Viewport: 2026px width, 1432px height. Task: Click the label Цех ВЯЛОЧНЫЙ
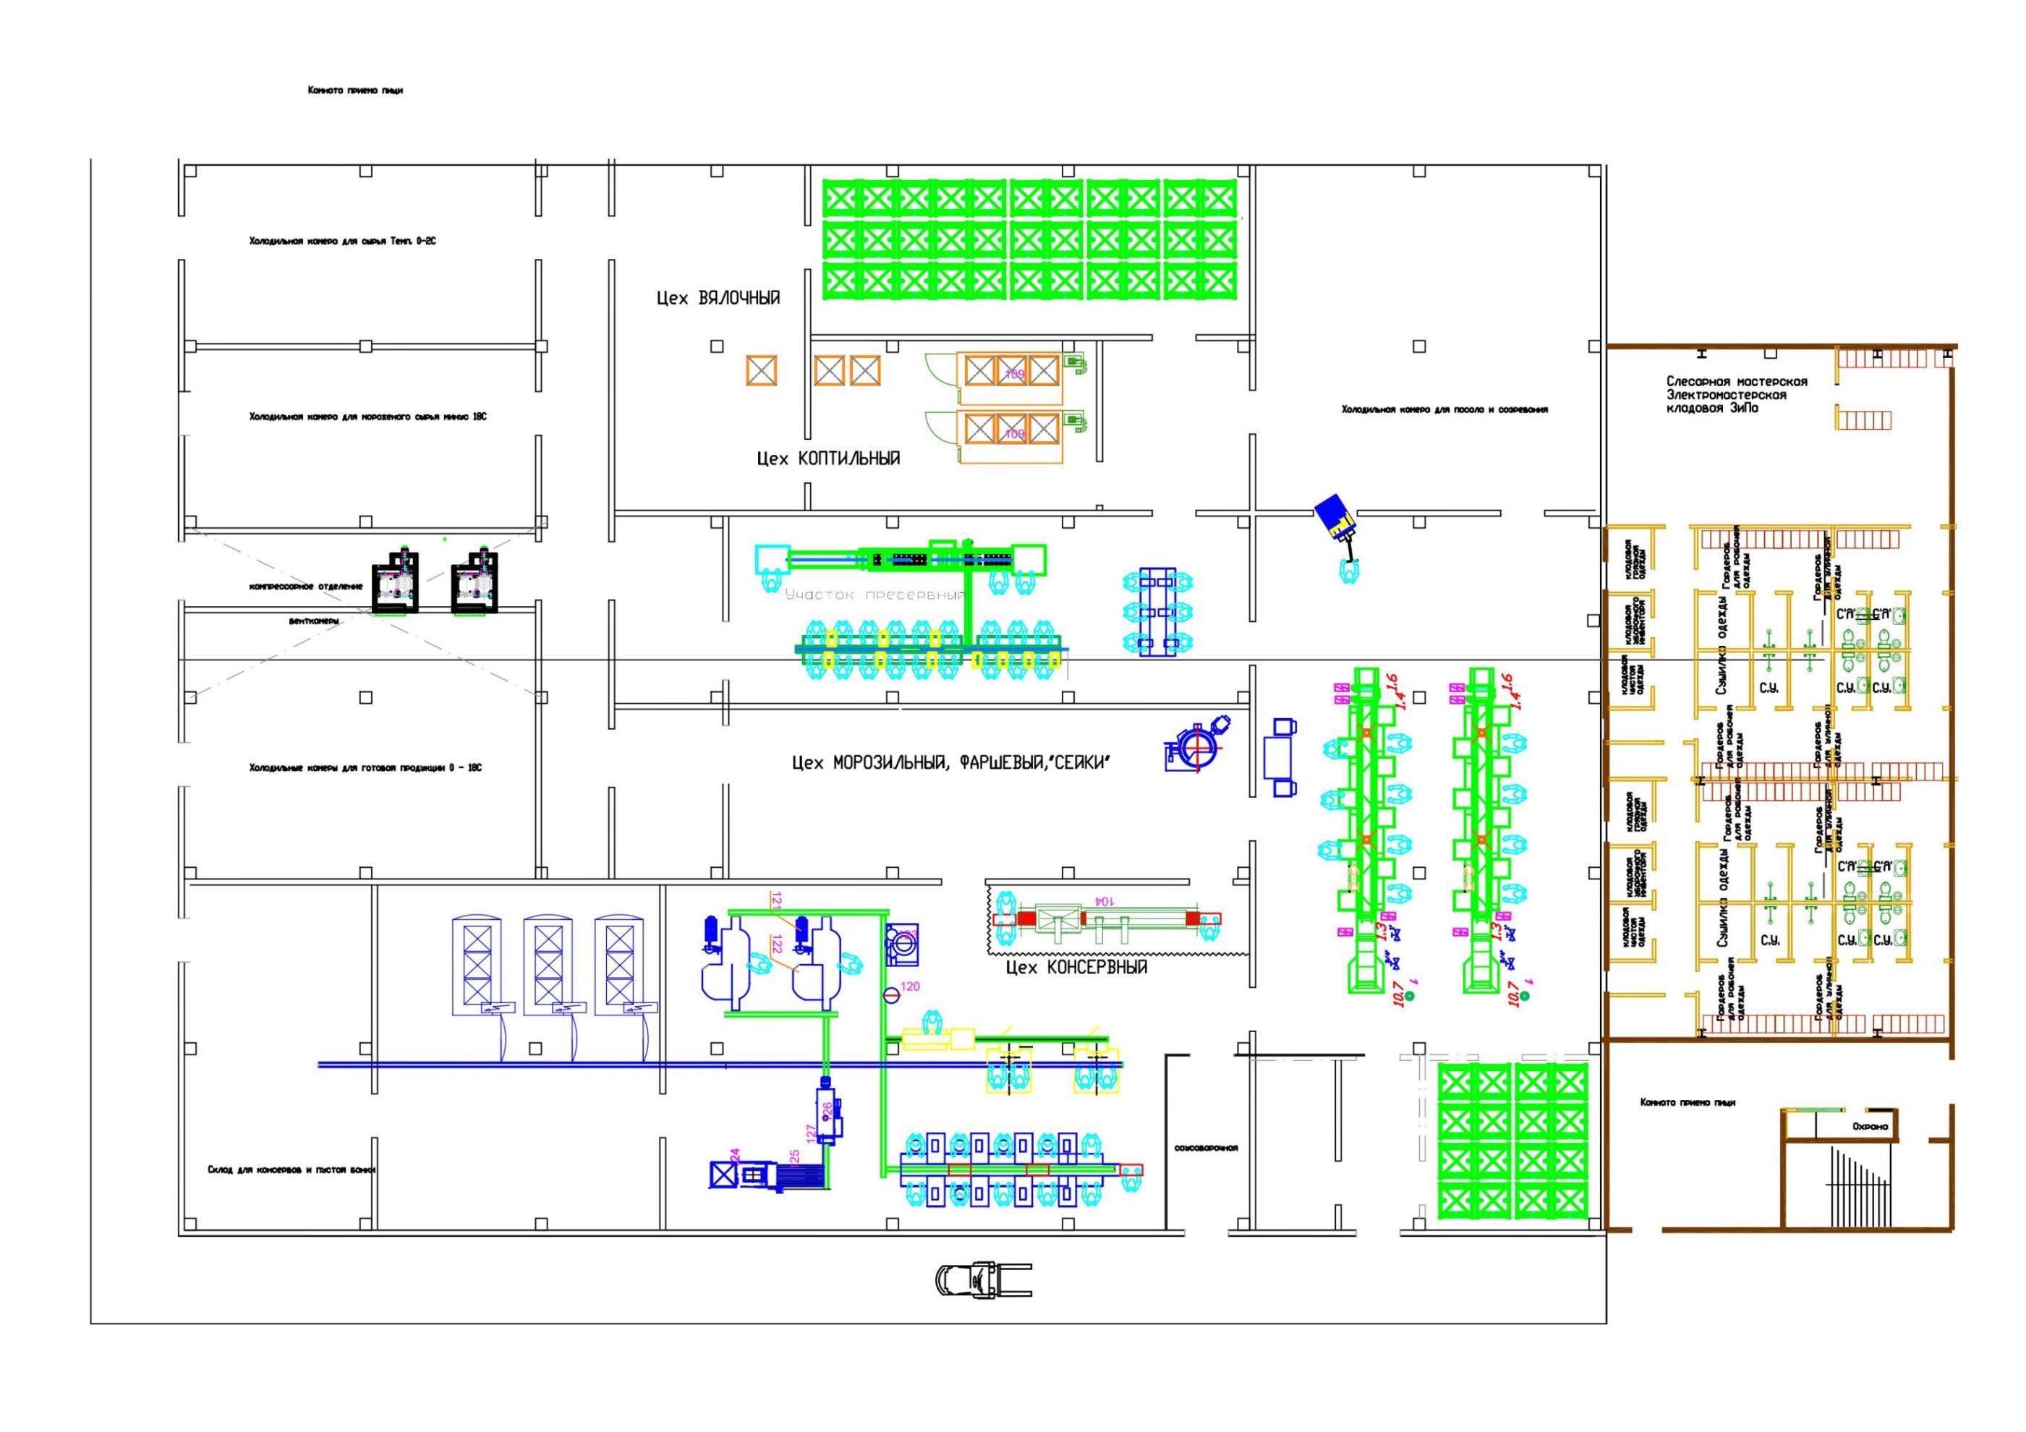[718, 298]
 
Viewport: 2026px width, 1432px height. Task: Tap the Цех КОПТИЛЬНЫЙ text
[827, 459]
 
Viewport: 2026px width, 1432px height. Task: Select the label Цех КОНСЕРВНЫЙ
[1076, 967]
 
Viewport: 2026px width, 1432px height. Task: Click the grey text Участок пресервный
[874, 594]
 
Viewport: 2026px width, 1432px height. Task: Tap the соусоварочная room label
[1205, 1148]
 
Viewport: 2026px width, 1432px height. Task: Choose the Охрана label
[1870, 1127]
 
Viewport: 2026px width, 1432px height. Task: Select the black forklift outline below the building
[982, 1279]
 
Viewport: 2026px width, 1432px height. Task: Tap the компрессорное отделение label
[305, 586]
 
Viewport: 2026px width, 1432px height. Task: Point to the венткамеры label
[313, 621]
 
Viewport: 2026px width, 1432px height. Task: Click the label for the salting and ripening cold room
[1444, 409]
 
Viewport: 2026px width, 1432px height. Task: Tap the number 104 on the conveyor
[1103, 901]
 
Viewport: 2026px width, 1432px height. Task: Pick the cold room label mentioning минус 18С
[367, 417]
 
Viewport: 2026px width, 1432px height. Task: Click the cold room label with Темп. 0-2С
[341, 241]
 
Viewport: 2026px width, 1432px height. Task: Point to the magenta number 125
[794, 1156]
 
